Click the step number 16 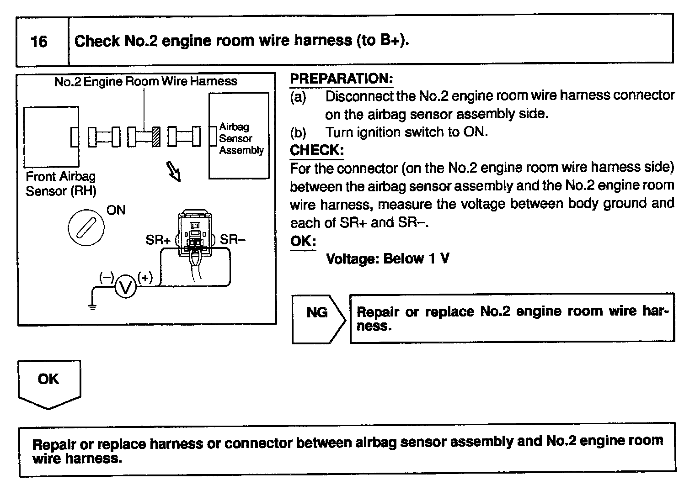(x=39, y=42)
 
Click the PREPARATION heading (x=341, y=79)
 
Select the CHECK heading (x=316, y=150)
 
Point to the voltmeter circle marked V (x=125, y=287)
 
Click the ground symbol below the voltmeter (x=92, y=306)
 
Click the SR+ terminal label (x=158, y=240)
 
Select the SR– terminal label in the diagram (x=233, y=239)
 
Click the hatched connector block (x=156, y=136)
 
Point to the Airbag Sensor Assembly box (x=239, y=136)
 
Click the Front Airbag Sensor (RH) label (x=61, y=184)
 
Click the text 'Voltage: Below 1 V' (x=387, y=259)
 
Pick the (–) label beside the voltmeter (x=107, y=277)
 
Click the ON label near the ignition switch (x=116, y=210)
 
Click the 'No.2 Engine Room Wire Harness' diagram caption (x=145, y=81)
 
